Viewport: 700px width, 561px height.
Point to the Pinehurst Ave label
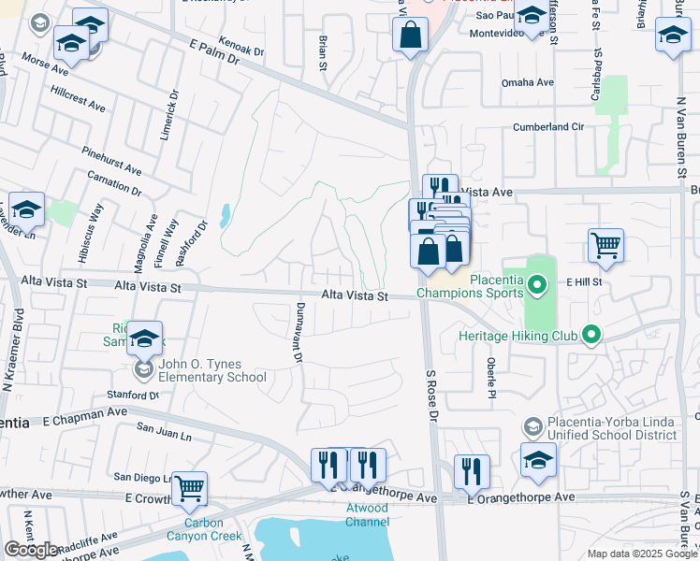[111, 161]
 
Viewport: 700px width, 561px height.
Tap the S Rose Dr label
[432, 397]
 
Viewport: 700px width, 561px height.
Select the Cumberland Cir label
[547, 127]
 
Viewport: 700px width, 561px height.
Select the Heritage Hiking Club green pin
[591, 334]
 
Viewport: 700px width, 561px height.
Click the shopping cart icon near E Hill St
[605, 246]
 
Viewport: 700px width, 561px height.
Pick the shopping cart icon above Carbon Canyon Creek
[189, 487]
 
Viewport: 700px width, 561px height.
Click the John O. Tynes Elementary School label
[213, 371]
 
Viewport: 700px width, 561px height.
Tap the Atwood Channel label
[366, 515]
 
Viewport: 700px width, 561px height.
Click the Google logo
[31, 550]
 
